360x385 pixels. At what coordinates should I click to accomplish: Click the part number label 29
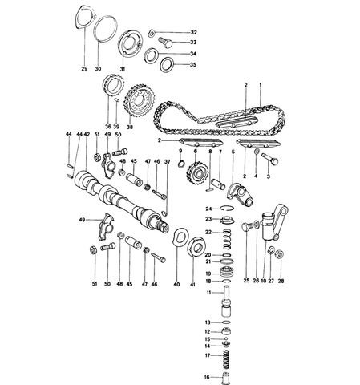[x=84, y=69]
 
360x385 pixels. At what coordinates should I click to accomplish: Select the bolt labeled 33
[x=165, y=43]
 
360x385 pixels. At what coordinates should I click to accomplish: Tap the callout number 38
[x=130, y=128]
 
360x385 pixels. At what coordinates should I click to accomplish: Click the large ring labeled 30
[x=106, y=29]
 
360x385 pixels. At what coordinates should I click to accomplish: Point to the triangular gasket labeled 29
[x=83, y=17]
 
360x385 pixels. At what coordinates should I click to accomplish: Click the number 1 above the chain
[x=261, y=85]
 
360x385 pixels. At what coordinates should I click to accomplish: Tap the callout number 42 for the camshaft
[x=87, y=134]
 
